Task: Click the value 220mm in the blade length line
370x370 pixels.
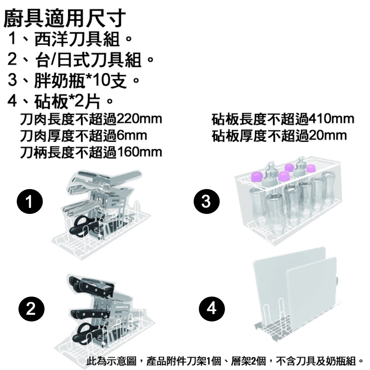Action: [139, 120]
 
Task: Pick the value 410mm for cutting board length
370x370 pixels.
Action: [331, 120]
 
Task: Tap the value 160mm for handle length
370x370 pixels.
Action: [139, 152]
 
